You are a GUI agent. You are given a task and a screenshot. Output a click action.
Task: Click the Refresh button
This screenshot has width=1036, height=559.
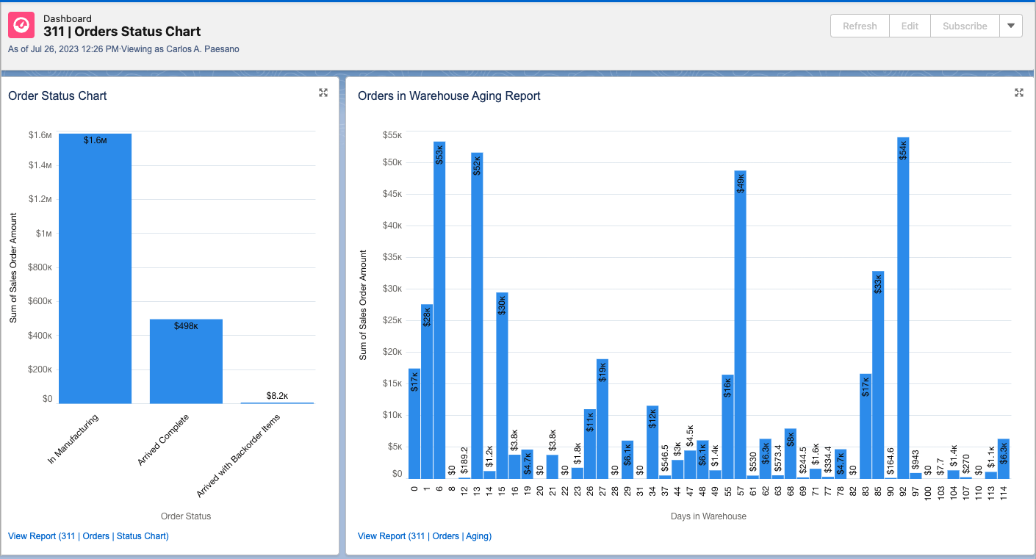click(860, 26)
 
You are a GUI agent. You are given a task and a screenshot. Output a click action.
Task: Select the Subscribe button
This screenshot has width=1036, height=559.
click(965, 26)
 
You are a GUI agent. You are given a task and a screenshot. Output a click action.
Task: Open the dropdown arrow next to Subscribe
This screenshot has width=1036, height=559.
click(1011, 26)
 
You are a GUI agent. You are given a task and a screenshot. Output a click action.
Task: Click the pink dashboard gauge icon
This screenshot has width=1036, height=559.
click(21, 26)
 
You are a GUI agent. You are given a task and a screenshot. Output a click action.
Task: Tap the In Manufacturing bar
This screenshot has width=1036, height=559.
click(95, 268)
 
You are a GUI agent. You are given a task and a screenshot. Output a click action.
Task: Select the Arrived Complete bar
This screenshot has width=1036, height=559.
click(186, 361)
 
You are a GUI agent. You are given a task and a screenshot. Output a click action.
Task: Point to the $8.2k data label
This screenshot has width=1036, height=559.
click(277, 395)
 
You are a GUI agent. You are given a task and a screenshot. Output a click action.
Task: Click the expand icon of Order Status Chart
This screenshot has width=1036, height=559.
click(323, 93)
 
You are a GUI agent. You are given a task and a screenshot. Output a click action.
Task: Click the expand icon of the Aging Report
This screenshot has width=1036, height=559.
click(1019, 93)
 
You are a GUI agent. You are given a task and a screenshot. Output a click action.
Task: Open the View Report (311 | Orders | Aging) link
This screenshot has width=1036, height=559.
click(425, 536)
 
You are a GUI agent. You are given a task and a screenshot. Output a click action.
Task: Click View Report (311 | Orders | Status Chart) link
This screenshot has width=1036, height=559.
click(88, 536)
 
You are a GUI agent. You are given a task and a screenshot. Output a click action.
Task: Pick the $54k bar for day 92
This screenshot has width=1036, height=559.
click(903, 309)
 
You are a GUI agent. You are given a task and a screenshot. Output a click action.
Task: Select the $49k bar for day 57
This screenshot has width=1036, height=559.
click(740, 323)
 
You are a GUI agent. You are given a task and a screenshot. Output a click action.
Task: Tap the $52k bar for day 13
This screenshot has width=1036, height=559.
click(477, 316)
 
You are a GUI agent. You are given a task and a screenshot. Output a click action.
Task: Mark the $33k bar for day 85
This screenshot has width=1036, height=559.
click(878, 375)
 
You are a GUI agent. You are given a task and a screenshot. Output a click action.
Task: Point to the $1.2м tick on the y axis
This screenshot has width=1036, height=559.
click(40, 199)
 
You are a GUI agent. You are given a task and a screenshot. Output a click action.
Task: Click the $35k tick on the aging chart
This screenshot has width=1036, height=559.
click(392, 257)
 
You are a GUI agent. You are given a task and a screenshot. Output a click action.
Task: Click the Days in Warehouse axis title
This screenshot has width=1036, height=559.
click(708, 516)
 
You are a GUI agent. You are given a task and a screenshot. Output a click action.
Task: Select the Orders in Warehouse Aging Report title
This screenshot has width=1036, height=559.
click(449, 95)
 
